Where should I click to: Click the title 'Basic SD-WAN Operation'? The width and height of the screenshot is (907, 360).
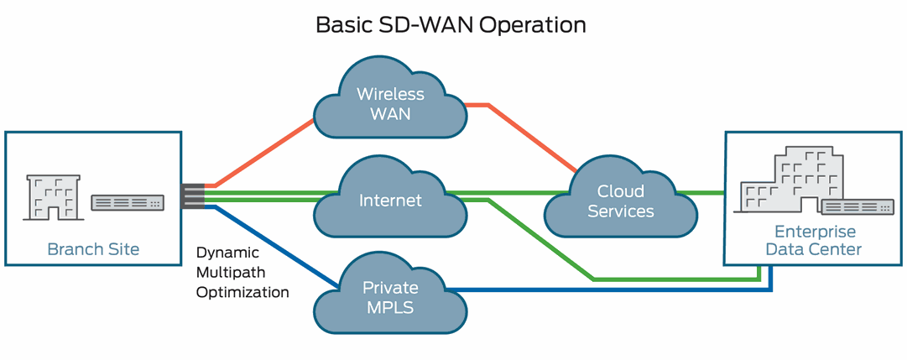(x=451, y=24)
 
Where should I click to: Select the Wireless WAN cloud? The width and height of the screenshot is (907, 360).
(x=390, y=102)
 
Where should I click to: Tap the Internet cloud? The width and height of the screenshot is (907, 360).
(x=390, y=201)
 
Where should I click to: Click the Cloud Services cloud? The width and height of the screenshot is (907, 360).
(x=620, y=201)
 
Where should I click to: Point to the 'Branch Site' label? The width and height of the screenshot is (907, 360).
(x=93, y=249)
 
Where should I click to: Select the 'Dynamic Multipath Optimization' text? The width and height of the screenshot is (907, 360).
(x=242, y=272)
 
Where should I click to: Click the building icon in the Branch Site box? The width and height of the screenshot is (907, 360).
(x=52, y=199)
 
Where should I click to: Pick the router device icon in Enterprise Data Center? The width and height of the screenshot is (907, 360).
(x=856, y=207)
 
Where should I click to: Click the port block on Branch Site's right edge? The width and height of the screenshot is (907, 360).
(x=192, y=196)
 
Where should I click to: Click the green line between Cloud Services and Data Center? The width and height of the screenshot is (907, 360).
(x=709, y=193)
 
